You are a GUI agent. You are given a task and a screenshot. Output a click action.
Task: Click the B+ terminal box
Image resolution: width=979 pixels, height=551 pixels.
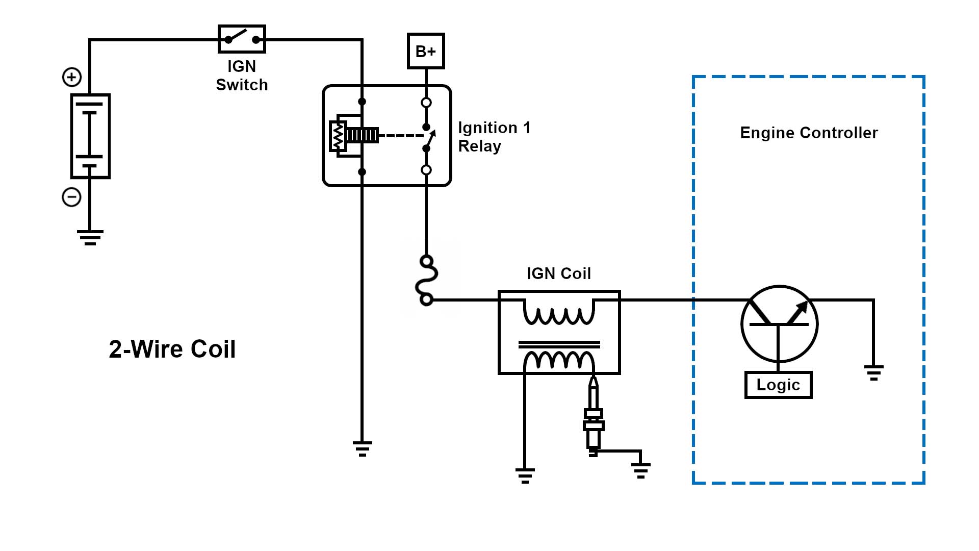point(426,51)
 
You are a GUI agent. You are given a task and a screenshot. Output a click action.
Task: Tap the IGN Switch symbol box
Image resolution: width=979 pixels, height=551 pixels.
point(242,39)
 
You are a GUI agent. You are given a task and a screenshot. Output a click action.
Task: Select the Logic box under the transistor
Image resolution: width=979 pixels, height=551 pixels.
point(778,385)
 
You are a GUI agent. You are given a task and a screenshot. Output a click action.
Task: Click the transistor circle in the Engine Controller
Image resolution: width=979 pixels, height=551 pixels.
point(779,324)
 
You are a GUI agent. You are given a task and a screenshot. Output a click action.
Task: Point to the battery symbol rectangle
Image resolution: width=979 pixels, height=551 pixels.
point(90,136)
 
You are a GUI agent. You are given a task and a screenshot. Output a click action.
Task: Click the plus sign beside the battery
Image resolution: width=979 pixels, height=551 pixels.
point(72,77)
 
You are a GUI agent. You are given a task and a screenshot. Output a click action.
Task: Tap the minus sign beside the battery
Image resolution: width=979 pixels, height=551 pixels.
point(71,197)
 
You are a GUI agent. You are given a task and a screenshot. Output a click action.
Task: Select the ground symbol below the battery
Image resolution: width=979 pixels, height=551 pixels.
point(90,237)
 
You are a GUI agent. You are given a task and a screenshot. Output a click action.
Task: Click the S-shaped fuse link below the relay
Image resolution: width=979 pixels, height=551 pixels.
point(427,281)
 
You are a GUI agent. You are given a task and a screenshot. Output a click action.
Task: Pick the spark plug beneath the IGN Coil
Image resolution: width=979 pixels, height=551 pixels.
point(593,418)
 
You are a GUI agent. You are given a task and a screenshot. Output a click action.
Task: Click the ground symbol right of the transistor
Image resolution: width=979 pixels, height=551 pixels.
point(873,372)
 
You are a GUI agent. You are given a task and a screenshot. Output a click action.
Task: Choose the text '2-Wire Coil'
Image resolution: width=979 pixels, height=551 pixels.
point(172,349)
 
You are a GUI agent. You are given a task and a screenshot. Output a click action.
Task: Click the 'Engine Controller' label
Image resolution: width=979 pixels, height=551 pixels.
point(809,133)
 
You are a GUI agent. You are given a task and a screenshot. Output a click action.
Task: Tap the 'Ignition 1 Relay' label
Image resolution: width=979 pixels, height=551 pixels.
point(494,137)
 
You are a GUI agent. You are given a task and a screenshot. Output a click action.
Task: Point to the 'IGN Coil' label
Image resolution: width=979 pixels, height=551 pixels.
point(559,273)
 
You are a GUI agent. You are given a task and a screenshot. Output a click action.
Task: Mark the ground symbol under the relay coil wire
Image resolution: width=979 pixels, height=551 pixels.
point(362,448)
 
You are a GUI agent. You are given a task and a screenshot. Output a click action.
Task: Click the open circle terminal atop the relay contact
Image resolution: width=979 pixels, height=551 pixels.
point(426,103)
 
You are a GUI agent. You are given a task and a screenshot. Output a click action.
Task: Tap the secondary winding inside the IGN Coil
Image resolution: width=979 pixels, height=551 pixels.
point(559,360)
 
